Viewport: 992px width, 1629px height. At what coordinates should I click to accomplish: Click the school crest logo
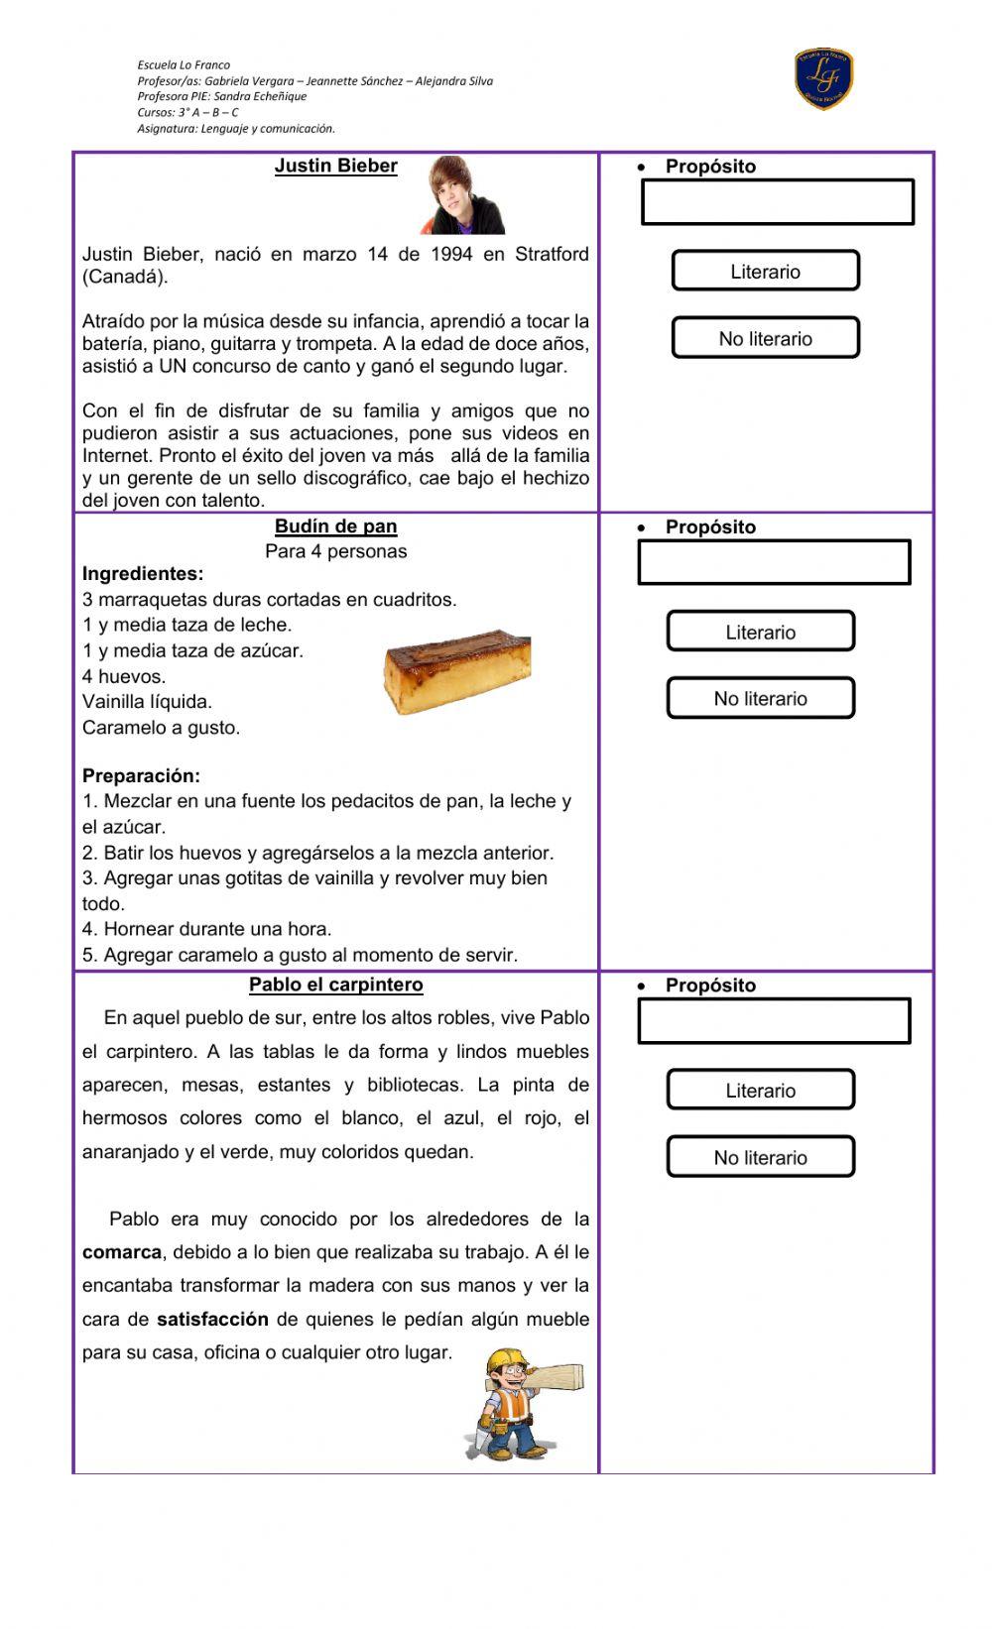coord(823,79)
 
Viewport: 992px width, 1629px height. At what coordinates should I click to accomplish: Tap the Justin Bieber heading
coord(335,167)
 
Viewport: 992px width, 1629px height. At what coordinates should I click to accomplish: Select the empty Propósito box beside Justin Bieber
coord(778,202)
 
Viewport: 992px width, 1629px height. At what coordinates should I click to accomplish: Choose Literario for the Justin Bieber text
coord(765,271)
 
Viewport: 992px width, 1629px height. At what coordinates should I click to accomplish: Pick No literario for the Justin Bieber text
coord(765,338)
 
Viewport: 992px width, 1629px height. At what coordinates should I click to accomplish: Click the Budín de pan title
coord(335,526)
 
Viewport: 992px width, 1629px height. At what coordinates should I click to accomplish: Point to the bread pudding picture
coord(456,672)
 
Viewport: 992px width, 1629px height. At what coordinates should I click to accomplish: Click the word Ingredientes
coord(143,574)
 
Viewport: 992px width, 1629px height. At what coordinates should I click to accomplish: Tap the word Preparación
coord(141,775)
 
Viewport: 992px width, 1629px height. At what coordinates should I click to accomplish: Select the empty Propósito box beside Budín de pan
coord(774,562)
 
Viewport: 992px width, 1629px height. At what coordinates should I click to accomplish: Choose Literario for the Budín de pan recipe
coord(760,632)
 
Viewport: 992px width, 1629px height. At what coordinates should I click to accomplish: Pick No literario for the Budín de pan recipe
coord(760,698)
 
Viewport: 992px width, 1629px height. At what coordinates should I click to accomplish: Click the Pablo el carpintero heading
coord(335,985)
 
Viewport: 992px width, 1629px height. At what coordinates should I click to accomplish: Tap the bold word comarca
coord(121,1252)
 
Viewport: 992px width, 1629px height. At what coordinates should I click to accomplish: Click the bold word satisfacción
coord(212,1320)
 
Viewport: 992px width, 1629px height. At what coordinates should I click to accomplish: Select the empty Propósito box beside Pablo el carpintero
coord(774,1021)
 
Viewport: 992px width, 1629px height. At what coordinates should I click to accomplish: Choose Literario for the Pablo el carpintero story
coord(760,1090)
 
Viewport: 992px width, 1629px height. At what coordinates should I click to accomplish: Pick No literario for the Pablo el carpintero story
coord(760,1157)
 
